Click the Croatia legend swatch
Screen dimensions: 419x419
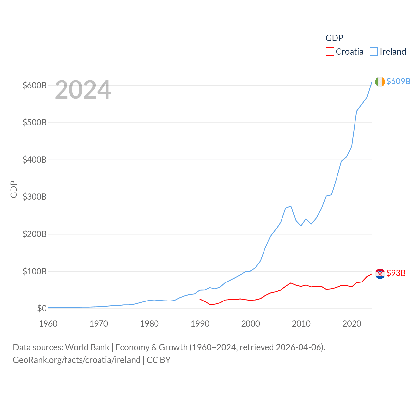click(330, 52)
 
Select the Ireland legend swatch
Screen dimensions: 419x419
click(373, 52)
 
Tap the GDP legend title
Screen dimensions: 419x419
click(334, 38)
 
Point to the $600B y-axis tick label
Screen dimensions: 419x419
click(34, 85)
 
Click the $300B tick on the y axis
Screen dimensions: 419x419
click(34, 197)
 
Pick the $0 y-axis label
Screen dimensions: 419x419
click(42, 308)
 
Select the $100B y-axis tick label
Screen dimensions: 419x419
click(34, 271)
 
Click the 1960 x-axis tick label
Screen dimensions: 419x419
click(48, 324)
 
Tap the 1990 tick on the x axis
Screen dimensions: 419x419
click(200, 324)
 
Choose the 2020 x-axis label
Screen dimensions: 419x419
click(352, 324)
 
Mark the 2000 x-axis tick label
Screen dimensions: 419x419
click(251, 324)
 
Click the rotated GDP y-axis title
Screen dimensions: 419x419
click(14, 189)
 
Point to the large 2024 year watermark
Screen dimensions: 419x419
click(83, 90)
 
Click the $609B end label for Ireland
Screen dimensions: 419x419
click(398, 81)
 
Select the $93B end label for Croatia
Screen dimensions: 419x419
click(396, 273)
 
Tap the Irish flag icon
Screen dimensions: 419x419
click(380, 82)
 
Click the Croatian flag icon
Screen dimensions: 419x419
click(380, 274)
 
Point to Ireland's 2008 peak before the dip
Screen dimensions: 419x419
click(291, 206)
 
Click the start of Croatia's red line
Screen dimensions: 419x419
click(200, 299)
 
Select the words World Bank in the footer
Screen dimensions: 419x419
click(87, 347)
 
